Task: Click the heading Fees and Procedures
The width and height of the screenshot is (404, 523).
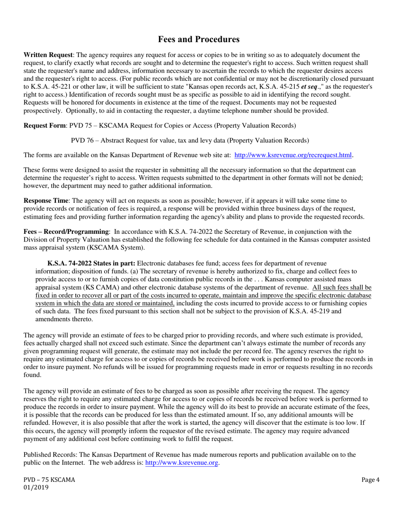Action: [x=199, y=40]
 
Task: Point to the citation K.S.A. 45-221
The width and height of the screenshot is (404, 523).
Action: [x=50, y=87]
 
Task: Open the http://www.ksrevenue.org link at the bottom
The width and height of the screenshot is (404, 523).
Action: [x=182, y=463]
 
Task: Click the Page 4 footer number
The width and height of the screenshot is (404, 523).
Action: [x=370, y=480]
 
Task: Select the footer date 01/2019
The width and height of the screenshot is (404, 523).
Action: [x=36, y=488]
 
